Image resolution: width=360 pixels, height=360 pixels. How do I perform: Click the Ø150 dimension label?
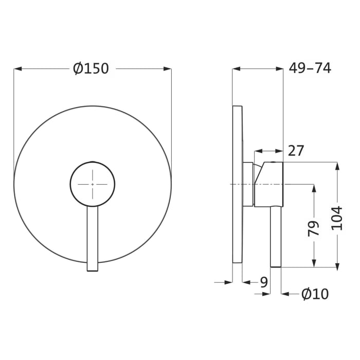tap(91, 68)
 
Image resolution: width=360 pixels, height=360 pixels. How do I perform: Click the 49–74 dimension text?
tap(310, 68)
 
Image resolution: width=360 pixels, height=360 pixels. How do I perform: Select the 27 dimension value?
tap(296, 151)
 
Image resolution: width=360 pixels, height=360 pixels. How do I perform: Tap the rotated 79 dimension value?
tap(313, 228)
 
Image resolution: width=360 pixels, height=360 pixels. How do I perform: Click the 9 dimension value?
tap(264, 282)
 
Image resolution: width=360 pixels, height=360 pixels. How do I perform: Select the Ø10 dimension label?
tap(315, 294)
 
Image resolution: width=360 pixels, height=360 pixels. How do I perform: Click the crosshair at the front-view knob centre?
tap(92, 184)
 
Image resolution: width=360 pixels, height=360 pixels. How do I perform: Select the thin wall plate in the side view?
tap(237, 184)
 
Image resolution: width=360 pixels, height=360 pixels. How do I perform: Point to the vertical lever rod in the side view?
tap(276, 237)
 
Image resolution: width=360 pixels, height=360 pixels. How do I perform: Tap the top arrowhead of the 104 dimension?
tap(337, 166)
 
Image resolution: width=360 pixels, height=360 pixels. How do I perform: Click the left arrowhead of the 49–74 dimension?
tap(236, 68)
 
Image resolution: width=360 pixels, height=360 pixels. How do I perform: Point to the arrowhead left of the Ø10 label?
tap(285, 294)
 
